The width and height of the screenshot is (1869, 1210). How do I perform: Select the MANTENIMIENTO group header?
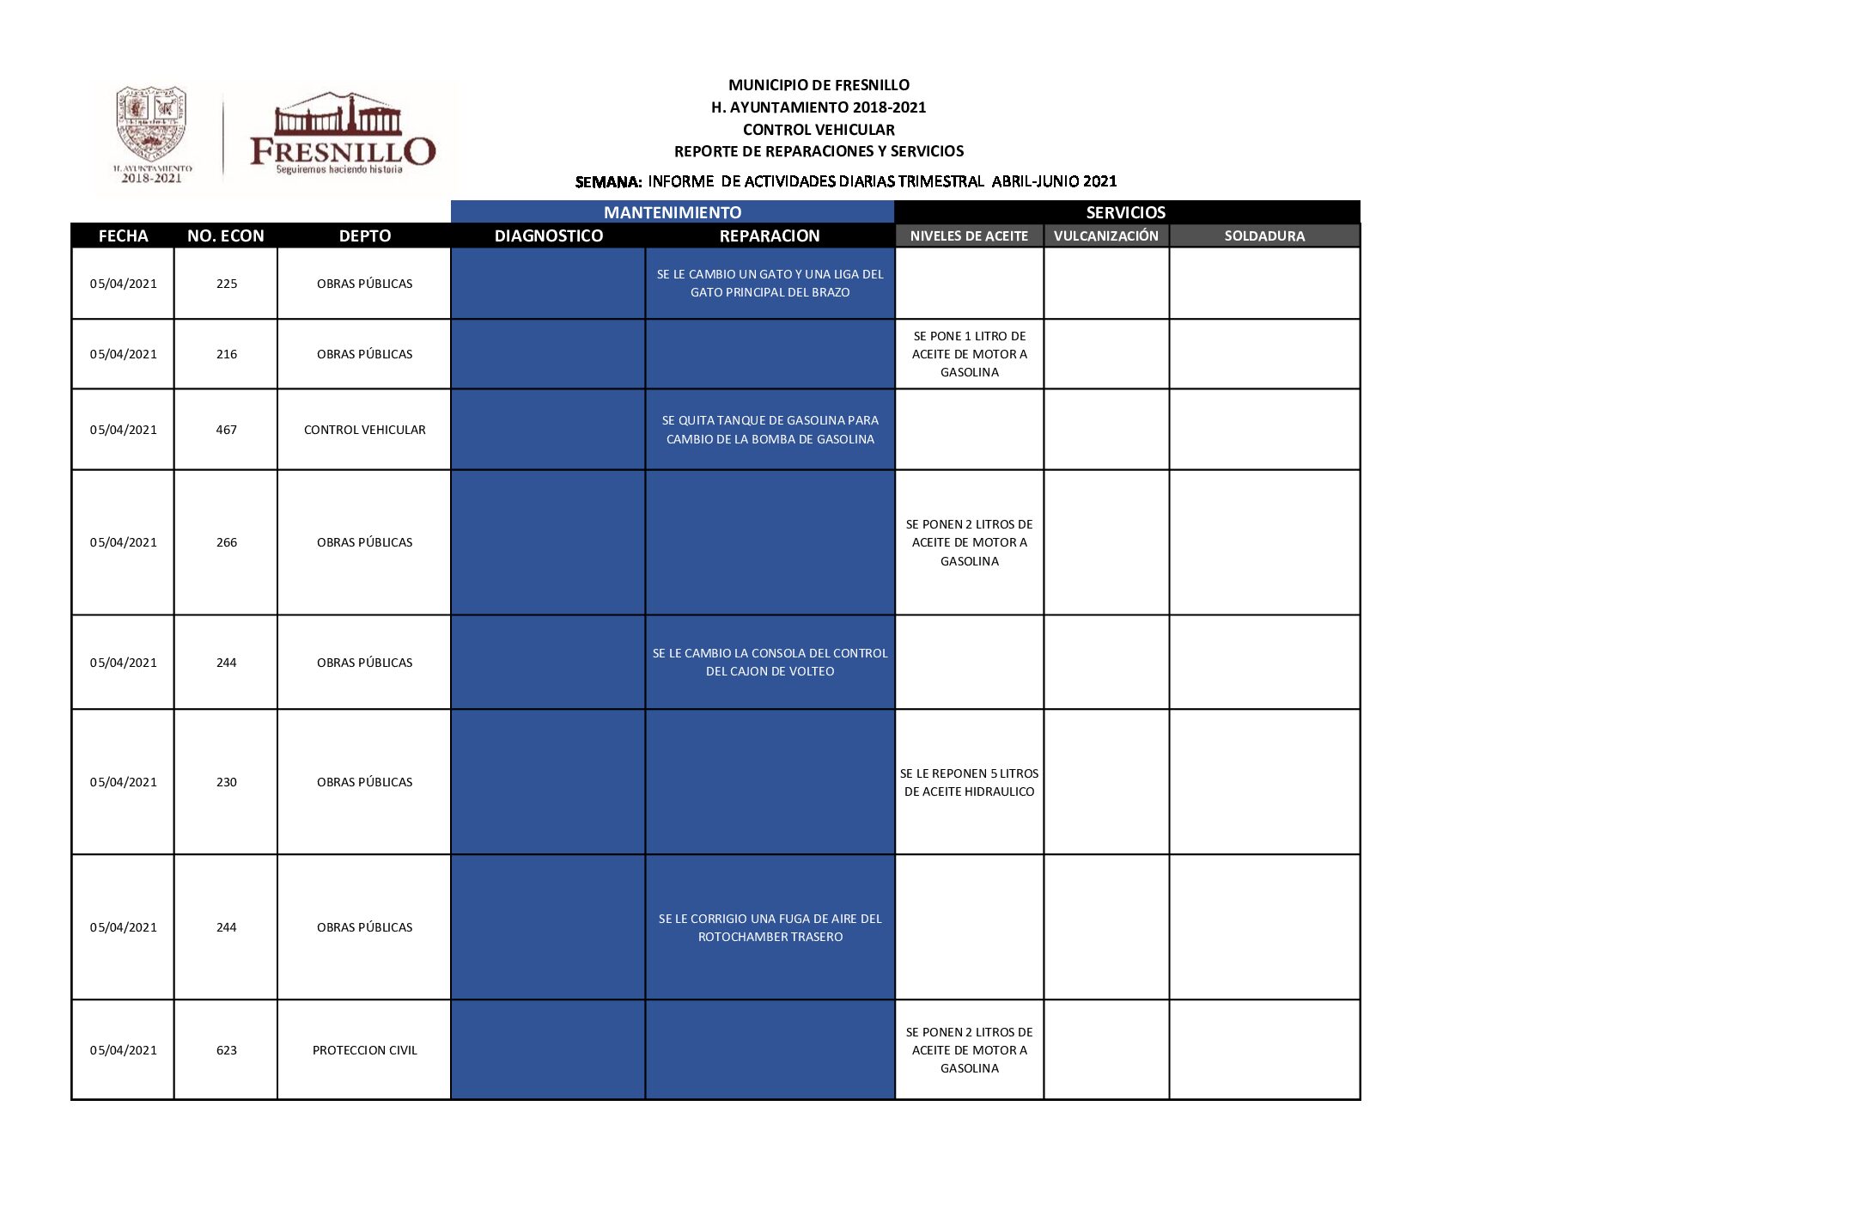[672, 212]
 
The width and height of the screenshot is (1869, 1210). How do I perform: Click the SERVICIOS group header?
[1125, 212]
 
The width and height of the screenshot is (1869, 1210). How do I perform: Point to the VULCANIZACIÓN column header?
[1105, 235]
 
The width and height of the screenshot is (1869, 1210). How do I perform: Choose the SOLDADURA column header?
[1263, 235]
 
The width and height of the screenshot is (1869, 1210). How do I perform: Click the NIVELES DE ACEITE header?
[968, 235]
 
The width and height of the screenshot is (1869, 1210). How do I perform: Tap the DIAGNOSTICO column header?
[548, 235]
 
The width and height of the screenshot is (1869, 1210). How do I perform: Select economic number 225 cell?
[226, 284]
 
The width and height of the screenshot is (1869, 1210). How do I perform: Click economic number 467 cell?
[226, 430]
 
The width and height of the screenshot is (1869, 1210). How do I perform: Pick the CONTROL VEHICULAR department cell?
[364, 430]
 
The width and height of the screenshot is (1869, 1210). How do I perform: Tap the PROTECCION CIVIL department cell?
[364, 1050]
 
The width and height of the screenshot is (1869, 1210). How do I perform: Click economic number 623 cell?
[226, 1050]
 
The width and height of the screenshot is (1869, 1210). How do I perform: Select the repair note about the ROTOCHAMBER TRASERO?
[770, 927]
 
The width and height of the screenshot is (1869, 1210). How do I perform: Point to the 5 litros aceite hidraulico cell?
[969, 782]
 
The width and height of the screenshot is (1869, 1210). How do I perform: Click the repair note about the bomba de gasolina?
[770, 430]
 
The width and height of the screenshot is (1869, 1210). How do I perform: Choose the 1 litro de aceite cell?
[969, 354]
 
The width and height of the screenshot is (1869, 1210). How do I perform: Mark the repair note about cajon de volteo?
[770, 662]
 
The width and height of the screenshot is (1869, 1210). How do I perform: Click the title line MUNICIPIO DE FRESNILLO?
[818, 85]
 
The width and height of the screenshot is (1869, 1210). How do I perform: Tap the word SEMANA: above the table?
[608, 182]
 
